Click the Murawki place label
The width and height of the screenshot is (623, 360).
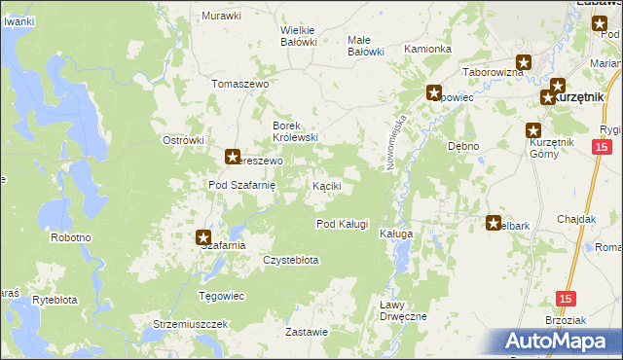point(221,16)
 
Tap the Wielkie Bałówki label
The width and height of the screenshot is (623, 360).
point(299,35)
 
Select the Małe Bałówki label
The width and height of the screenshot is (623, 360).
point(366,46)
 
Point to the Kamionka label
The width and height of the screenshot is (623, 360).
point(427,49)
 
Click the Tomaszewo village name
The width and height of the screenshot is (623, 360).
point(239,85)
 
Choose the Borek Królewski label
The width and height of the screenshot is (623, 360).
point(296,131)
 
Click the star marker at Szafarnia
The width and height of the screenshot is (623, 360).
point(203,236)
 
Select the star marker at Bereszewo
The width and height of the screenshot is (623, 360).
point(233,156)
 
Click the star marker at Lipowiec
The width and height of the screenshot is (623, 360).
point(433,93)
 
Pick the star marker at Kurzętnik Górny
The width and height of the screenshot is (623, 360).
point(533,131)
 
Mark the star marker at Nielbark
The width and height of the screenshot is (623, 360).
point(494,222)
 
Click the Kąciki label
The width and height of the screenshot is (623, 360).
point(326,185)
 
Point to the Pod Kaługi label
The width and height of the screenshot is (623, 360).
point(342,224)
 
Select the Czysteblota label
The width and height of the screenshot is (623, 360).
point(291,261)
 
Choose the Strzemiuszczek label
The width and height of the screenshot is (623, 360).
point(190,323)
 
